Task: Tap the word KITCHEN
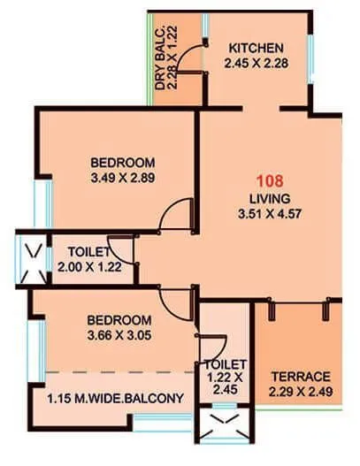pos(256,47)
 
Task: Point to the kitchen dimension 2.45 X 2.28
pos(256,63)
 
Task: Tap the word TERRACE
pos(301,375)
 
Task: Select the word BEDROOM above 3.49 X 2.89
pos(123,163)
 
